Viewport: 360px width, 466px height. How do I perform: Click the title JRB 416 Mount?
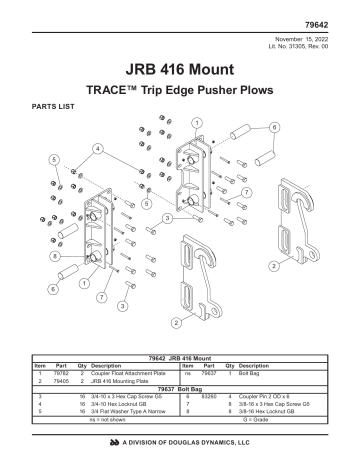click(180, 71)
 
